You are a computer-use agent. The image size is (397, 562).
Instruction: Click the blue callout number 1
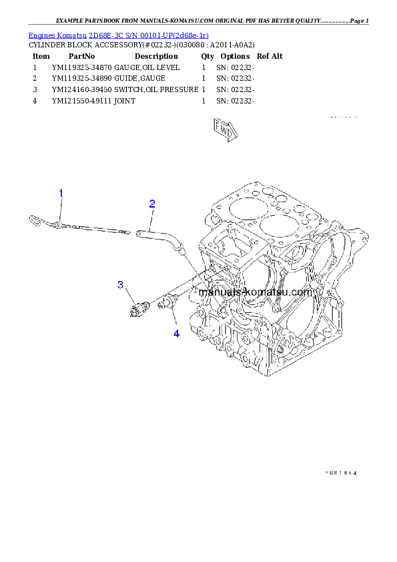pos(61,194)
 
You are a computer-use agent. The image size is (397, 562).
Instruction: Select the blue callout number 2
pos(152,204)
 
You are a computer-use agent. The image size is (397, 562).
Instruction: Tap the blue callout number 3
pos(121,285)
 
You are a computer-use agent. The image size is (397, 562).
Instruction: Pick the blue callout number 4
pos(176,332)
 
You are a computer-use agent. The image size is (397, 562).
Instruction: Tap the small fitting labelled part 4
pos(167,303)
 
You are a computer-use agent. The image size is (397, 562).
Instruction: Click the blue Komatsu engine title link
pos(118,35)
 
